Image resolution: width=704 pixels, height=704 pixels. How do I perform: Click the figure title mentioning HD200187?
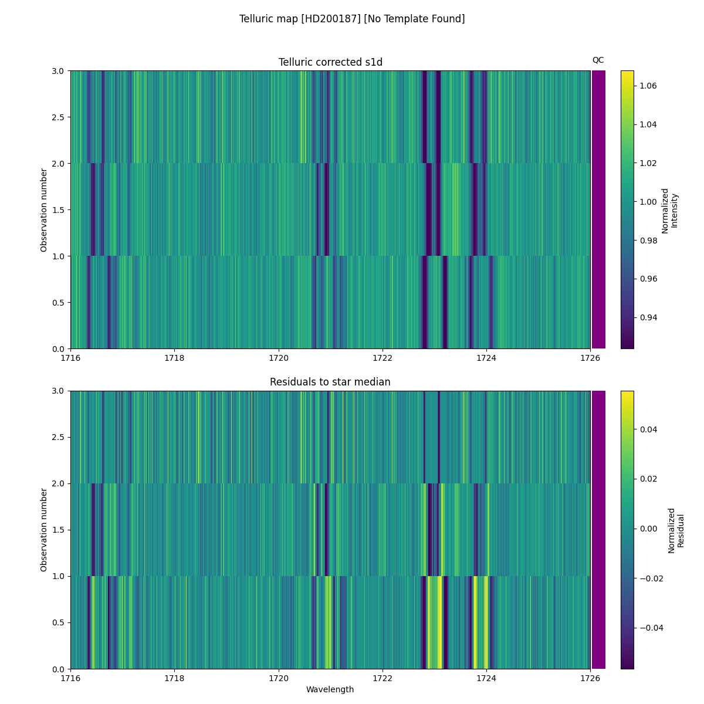tap(352, 19)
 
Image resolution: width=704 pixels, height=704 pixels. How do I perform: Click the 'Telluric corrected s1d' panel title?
tap(330, 62)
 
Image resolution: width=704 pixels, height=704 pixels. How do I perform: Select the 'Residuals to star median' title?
tap(330, 382)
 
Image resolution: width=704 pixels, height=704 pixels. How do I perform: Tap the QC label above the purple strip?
tap(598, 60)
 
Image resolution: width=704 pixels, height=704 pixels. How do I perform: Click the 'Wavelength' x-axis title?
tap(330, 689)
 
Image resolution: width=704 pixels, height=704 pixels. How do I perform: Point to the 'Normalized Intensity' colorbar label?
tap(669, 210)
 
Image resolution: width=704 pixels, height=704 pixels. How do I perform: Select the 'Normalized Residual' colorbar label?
tap(676, 530)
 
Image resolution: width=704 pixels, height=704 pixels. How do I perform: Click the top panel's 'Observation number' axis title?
tap(44, 210)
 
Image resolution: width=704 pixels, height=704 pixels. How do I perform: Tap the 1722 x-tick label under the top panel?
tap(383, 358)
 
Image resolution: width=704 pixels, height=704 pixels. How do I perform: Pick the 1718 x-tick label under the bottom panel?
tap(174, 678)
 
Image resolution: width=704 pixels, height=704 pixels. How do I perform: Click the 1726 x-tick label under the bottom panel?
tap(590, 678)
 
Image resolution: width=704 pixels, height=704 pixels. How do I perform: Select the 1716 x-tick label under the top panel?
tap(70, 358)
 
